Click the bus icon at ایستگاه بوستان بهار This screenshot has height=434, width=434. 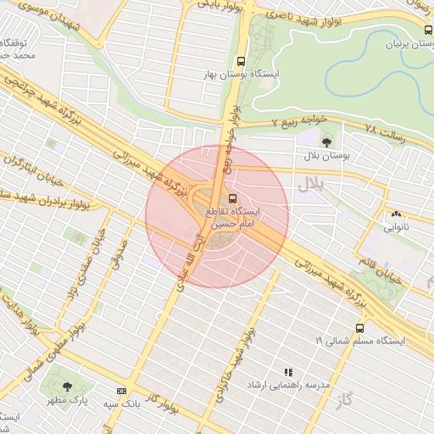point(241,61)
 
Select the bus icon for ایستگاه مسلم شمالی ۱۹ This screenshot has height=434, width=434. point(360,327)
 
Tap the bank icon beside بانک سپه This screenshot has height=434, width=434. point(121,391)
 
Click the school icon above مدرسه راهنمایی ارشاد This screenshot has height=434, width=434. point(288,371)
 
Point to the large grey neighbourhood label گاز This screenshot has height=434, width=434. point(342,398)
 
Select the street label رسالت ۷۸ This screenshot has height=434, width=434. point(384,131)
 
